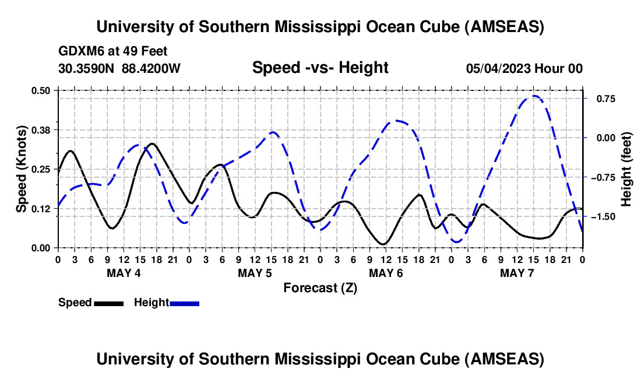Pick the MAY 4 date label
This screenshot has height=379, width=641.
point(123,273)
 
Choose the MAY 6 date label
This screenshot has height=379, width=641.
point(386,273)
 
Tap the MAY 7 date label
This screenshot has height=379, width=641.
point(517,273)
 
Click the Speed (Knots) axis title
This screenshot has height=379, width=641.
point(21,169)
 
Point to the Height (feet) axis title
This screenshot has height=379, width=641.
point(626,169)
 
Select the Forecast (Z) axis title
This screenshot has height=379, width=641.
point(320,287)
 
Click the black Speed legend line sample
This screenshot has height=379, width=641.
point(108,303)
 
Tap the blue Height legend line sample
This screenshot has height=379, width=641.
point(185,303)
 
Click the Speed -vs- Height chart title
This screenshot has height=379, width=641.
point(320,68)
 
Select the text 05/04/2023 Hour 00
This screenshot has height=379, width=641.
point(524,68)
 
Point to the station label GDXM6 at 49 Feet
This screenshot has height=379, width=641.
point(113,51)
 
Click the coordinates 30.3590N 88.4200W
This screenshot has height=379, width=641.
point(119,68)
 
